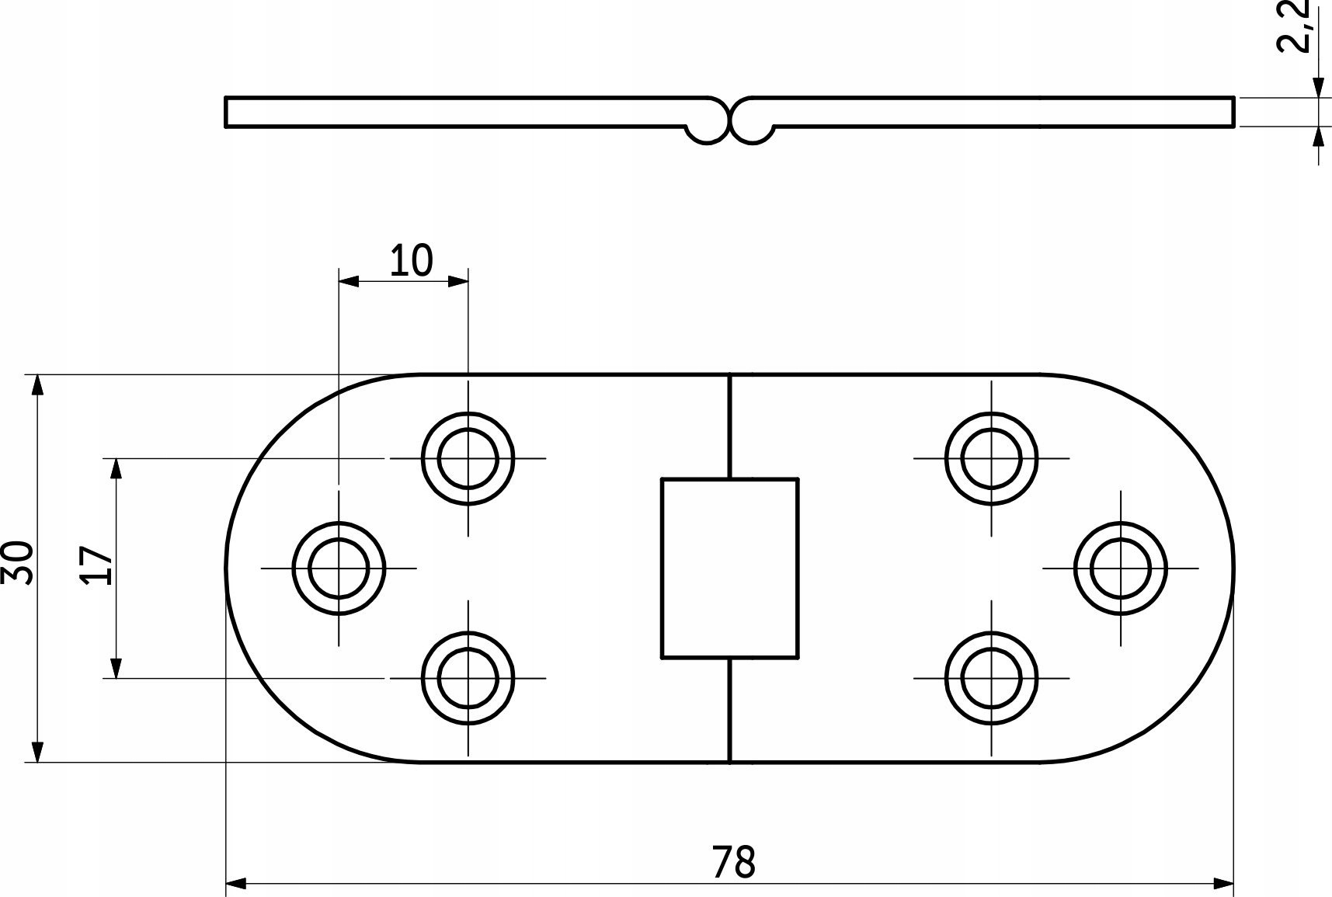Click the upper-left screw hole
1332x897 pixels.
tap(468, 458)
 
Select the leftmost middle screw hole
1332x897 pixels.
tap(339, 568)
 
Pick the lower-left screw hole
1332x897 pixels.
tap(468, 678)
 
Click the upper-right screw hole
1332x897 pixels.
tap(991, 458)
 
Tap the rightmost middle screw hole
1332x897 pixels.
tap(1120, 568)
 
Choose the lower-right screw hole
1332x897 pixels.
tap(991, 678)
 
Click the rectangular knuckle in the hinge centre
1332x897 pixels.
tap(729, 568)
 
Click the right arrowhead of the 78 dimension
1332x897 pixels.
tap(1225, 883)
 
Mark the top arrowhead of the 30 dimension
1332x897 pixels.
tap(37, 385)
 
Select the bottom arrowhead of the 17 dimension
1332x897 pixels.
tap(116, 668)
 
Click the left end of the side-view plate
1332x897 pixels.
tap(227, 112)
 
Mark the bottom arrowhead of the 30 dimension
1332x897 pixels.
tap(37, 752)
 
